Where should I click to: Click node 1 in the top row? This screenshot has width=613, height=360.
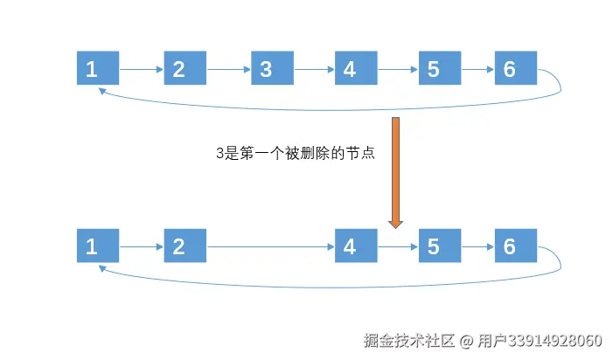[98, 68]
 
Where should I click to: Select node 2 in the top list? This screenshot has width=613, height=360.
[185, 68]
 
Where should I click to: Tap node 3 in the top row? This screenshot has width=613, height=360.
[272, 68]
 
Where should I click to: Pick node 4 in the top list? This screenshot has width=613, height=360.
[356, 68]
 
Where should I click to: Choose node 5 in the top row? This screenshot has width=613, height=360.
[440, 68]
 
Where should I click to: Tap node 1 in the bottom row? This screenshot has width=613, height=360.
[98, 246]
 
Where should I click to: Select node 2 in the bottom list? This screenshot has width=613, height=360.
[185, 246]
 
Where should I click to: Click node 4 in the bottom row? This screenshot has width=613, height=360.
[356, 246]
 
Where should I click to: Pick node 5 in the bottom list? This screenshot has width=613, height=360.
[440, 246]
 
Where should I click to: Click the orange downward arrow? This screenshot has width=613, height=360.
[395, 170]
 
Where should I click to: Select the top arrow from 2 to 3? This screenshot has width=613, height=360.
[228, 68]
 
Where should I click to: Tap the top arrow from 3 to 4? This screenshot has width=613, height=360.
[314, 68]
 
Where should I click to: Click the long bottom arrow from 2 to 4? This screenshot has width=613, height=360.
[270, 246]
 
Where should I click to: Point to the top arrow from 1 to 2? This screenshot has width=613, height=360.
[141, 68]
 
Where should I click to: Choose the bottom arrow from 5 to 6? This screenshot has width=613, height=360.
[477, 246]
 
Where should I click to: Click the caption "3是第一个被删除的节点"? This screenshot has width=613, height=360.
[295, 152]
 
